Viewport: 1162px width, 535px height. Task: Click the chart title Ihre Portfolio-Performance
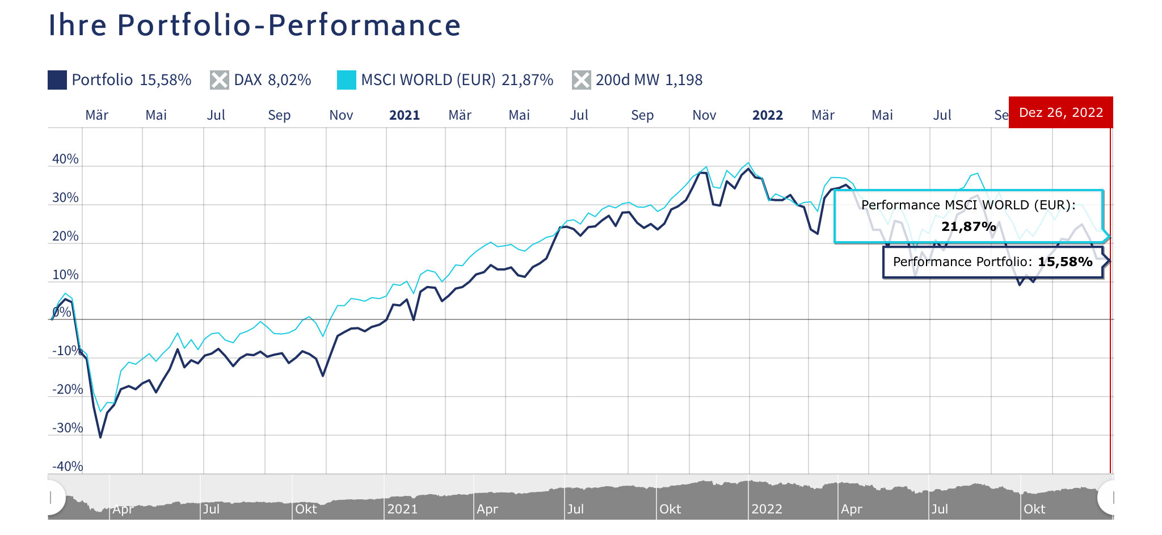(x=254, y=25)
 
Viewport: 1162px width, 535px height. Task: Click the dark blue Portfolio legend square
(x=57, y=80)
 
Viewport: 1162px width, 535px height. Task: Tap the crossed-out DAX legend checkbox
(x=220, y=80)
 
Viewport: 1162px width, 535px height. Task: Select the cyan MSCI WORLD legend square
(x=347, y=80)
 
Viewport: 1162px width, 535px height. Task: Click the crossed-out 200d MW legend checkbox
(x=582, y=80)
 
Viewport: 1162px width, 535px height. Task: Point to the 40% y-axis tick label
(x=65, y=159)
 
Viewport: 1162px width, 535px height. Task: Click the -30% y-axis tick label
(x=68, y=428)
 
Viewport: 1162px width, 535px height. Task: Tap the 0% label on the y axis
(x=62, y=312)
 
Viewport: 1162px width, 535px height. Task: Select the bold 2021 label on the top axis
(x=405, y=115)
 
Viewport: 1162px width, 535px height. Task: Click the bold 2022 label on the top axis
(x=768, y=115)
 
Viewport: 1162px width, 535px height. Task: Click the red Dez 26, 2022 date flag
(x=1060, y=112)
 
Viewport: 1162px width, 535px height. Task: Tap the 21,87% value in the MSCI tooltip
(x=969, y=227)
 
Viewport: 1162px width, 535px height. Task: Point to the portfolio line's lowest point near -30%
(x=100, y=437)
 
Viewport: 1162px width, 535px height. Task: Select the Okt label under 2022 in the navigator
(x=1034, y=509)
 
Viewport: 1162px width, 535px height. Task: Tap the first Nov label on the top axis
(x=341, y=115)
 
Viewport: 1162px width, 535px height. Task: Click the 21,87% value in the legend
(x=527, y=80)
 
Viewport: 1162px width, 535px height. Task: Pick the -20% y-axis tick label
(x=68, y=389)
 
